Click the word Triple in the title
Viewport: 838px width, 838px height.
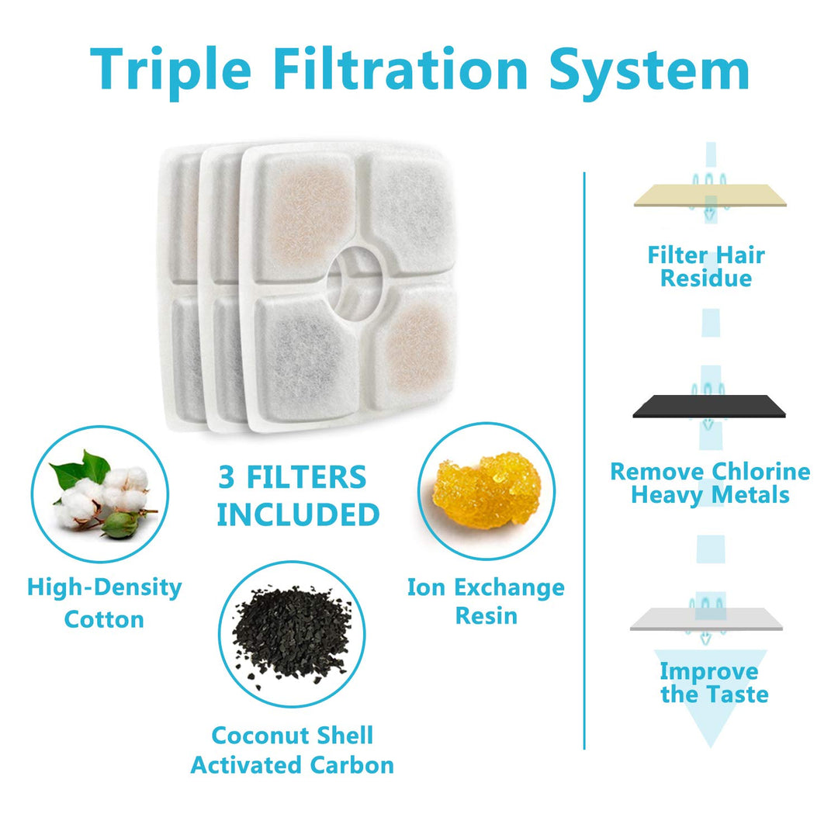click(x=171, y=71)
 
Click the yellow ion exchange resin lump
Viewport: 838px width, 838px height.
click(x=487, y=490)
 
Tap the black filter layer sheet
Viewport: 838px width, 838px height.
click(x=709, y=406)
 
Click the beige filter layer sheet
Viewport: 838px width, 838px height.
click(x=710, y=195)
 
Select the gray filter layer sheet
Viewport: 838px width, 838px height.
click(x=707, y=619)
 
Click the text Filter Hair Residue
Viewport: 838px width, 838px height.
click(x=706, y=266)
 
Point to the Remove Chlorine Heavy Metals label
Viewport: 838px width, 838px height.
click(x=710, y=483)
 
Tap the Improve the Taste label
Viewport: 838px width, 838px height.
click(x=714, y=683)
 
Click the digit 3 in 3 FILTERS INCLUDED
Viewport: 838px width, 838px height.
click(x=227, y=476)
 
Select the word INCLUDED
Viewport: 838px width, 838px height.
click(x=298, y=514)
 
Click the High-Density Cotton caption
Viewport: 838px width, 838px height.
click(x=104, y=604)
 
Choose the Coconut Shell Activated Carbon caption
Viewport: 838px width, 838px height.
click(x=293, y=750)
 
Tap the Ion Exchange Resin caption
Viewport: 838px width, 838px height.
click(x=486, y=601)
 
